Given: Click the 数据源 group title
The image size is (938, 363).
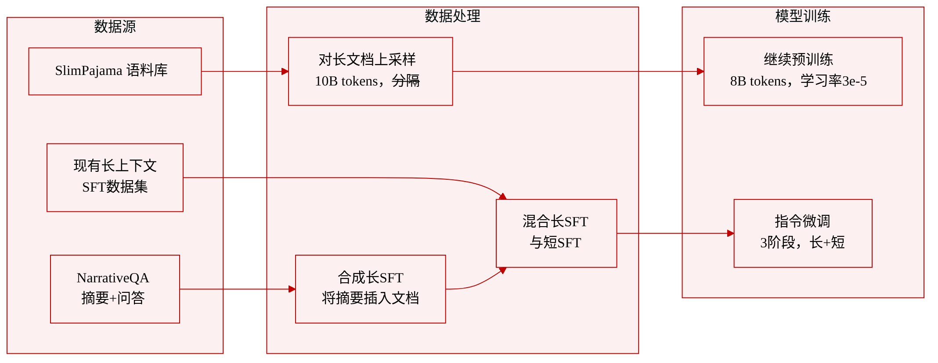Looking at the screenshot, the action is click(x=115, y=27).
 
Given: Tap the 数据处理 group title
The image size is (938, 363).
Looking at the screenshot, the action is click(x=452, y=16).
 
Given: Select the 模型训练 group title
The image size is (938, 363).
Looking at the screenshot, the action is click(x=803, y=16).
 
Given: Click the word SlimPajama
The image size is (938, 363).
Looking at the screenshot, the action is click(x=89, y=71).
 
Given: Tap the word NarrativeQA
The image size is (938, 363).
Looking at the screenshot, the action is click(x=113, y=278).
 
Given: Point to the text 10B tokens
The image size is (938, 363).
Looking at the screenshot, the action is click(x=346, y=81).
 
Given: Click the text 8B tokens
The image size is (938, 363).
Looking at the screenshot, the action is click(x=758, y=81).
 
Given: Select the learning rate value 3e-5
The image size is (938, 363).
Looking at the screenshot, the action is click(x=855, y=81).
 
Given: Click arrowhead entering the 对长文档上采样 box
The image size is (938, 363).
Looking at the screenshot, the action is click(x=285, y=71).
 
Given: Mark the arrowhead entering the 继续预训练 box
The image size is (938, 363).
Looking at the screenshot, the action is click(x=700, y=71).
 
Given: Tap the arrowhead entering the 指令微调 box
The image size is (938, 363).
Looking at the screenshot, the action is click(x=731, y=233).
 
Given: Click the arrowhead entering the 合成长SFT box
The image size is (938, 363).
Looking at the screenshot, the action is click(x=292, y=289).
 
